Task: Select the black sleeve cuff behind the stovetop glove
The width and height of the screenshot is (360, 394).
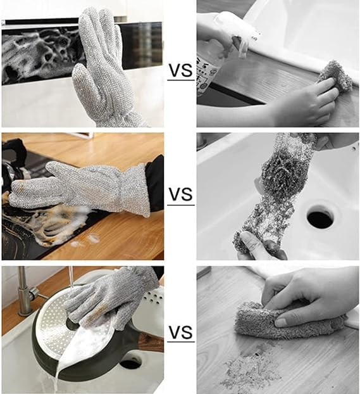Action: [155, 184]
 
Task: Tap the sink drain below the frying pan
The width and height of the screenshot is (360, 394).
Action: [130, 362]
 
